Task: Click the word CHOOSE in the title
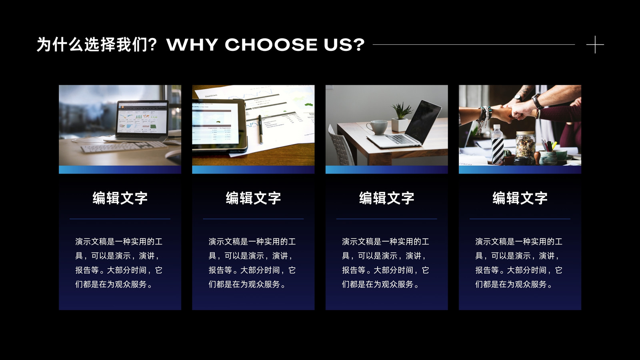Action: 271,45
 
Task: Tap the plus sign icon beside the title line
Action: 595,44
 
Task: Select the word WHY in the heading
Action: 192,45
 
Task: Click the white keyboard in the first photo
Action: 124,146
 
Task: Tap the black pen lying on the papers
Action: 260,129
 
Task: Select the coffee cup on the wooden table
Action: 378,127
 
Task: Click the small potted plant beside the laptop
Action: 400,117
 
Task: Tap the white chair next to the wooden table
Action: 341,146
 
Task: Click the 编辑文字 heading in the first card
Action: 120,198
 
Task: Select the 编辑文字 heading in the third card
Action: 386,198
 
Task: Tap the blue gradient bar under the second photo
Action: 253,170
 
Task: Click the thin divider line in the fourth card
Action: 520,219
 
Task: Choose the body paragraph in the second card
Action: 252,263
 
